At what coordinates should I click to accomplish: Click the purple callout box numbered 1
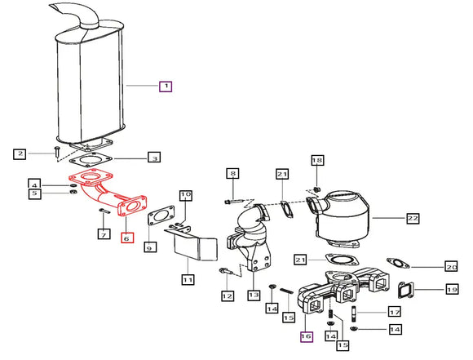click(166, 87)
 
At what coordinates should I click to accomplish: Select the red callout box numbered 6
click(127, 238)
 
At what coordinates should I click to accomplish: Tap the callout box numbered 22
click(413, 218)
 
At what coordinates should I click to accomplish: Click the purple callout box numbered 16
click(306, 336)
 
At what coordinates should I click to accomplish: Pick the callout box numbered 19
click(452, 290)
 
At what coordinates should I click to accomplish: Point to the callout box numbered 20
click(451, 267)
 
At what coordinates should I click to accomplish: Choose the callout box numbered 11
click(188, 279)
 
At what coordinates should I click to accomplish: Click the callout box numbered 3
click(154, 158)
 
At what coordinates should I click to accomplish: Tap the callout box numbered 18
click(317, 160)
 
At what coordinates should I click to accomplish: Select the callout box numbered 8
click(233, 173)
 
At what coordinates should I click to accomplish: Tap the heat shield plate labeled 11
click(192, 243)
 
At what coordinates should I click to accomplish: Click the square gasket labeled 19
click(406, 290)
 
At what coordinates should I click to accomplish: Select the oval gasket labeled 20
click(398, 263)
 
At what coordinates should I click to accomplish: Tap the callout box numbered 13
click(254, 295)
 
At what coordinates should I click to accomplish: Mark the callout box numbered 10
click(186, 195)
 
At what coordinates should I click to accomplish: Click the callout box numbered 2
click(20, 153)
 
